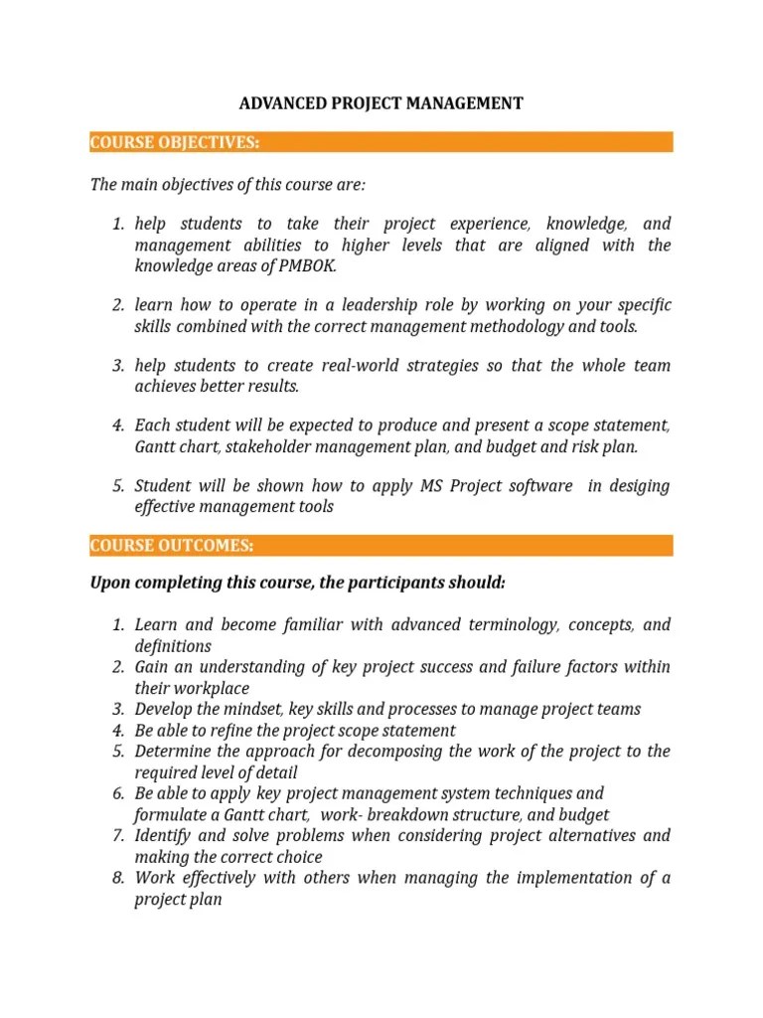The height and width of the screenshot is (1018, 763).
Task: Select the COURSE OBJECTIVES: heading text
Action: pyautogui.click(x=175, y=142)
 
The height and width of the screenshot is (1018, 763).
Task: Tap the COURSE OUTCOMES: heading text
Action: pyautogui.click(x=172, y=546)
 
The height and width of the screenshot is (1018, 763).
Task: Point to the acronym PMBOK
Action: pyautogui.click(x=308, y=266)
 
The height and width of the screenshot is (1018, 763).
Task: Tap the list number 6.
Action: pyautogui.click(x=116, y=793)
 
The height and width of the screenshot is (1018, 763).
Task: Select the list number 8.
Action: pyautogui.click(x=116, y=878)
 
